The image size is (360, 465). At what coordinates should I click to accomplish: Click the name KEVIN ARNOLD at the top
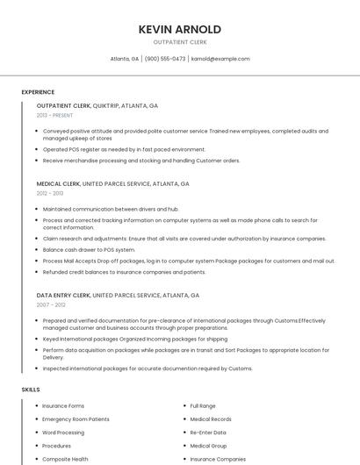point(179,30)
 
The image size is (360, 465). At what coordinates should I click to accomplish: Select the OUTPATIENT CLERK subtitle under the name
point(179,43)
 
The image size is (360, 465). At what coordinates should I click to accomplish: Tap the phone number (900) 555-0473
point(165,59)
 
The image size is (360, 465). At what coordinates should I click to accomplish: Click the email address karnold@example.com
point(220,59)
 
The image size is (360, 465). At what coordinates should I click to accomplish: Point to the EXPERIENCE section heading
point(38,92)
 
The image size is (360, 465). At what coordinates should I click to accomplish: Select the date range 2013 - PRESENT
point(54,115)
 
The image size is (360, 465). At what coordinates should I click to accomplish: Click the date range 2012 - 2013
point(50,193)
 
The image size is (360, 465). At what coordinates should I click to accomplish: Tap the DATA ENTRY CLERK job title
point(63,296)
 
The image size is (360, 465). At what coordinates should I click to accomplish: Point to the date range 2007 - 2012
point(50,304)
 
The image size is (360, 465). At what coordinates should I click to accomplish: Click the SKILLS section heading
point(31,389)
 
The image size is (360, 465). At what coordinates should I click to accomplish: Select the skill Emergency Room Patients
point(76,419)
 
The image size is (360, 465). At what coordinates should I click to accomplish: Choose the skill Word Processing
point(63,433)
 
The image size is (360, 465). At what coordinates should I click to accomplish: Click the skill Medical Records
point(211,419)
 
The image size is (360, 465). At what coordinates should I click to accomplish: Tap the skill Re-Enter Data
point(208,433)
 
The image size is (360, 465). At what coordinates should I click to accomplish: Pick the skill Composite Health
point(65,459)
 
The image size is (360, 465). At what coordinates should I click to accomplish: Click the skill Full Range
point(203,406)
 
